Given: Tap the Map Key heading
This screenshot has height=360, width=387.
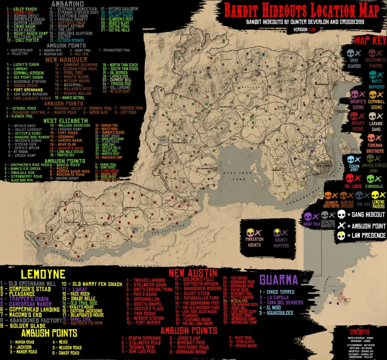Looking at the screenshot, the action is click(x=370, y=41).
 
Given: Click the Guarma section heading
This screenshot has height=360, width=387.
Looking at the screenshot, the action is click(x=279, y=280).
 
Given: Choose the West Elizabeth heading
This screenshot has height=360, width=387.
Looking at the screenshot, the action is click(x=65, y=121).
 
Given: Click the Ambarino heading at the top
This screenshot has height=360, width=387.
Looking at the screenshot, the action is click(x=67, y=4).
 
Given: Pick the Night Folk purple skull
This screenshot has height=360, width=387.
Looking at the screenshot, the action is click(x=308, y=216).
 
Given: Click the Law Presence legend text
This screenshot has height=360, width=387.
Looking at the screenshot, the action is click(x=366, y=236).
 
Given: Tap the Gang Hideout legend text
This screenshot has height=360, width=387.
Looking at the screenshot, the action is click(x=366, y=215).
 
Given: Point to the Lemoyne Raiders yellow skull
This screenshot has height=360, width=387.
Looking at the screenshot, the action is click(x=375, y=195).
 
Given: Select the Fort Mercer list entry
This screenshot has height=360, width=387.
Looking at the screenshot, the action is click(x=144, y=323).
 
